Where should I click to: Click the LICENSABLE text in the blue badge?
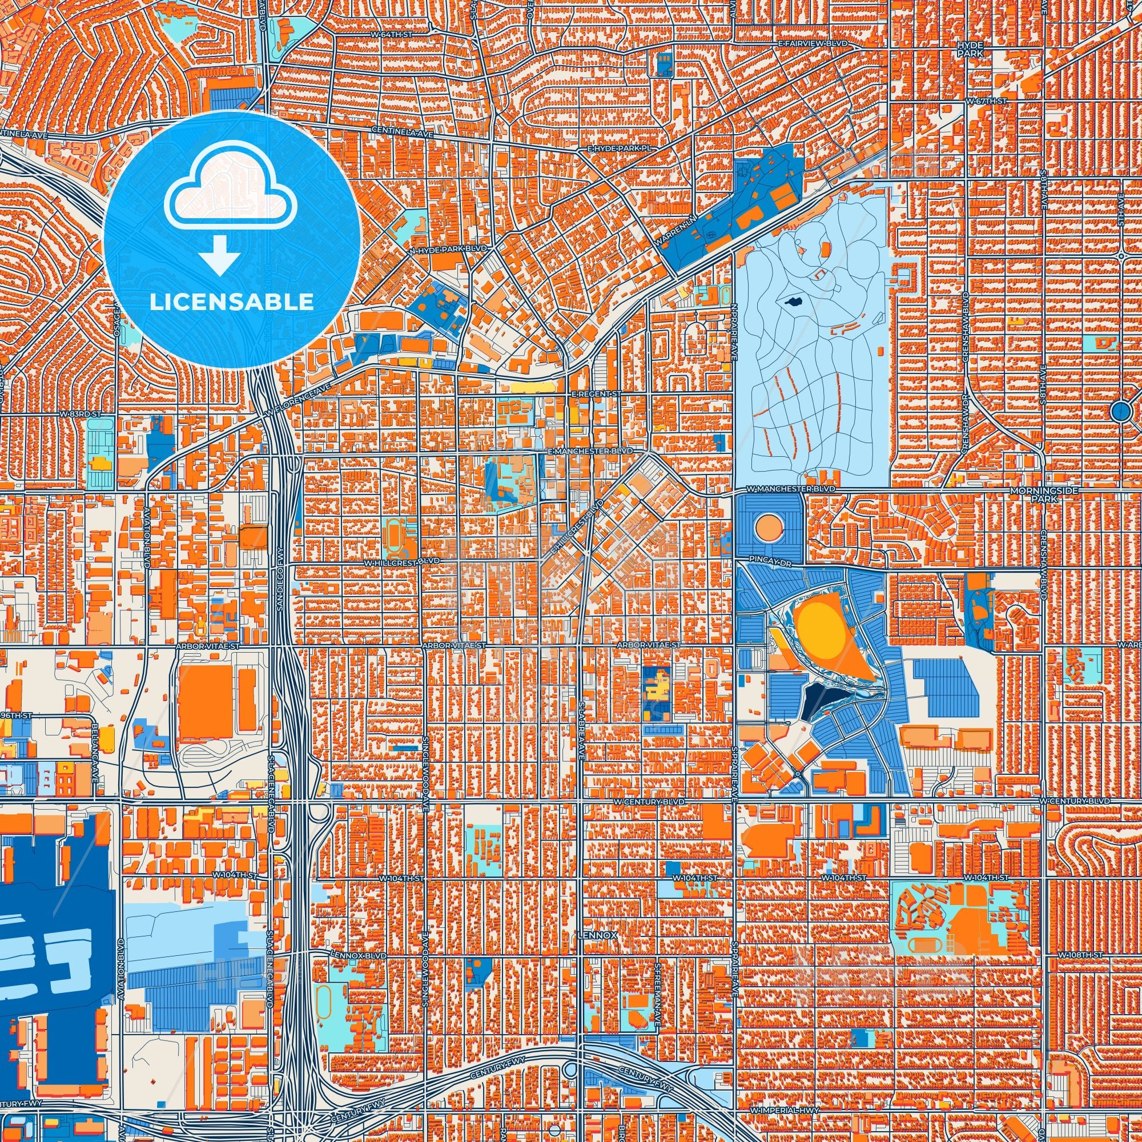point(232,302)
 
